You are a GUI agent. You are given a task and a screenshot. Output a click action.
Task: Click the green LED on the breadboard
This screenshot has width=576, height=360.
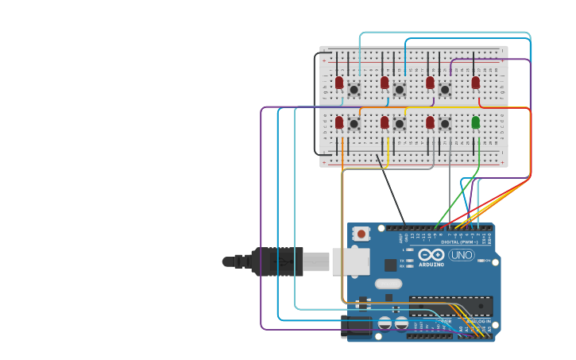475,122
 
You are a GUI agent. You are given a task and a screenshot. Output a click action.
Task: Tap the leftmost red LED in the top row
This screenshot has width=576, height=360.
339,83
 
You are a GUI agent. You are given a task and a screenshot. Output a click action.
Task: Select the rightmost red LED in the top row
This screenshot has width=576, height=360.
475,83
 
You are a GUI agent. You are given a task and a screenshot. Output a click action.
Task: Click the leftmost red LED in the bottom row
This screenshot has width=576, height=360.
339,122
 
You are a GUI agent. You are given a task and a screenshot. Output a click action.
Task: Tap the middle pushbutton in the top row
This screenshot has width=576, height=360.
399,90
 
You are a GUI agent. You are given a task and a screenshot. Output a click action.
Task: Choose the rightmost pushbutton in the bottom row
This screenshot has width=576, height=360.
445,123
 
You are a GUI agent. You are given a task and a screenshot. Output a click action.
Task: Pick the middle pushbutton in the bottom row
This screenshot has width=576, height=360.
399,123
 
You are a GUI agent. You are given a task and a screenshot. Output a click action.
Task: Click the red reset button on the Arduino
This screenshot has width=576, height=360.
361,234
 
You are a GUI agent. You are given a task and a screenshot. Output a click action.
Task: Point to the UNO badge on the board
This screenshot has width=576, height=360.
461,255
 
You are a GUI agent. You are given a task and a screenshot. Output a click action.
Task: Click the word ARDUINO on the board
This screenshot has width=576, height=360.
431,264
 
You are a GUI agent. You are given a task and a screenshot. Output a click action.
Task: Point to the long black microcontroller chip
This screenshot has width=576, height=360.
450,306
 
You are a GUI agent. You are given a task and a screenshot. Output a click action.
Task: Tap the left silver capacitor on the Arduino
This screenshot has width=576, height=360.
385,323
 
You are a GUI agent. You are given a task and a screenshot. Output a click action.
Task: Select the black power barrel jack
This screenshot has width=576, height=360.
356,327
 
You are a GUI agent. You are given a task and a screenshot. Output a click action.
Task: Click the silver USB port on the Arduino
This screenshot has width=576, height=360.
350,261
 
